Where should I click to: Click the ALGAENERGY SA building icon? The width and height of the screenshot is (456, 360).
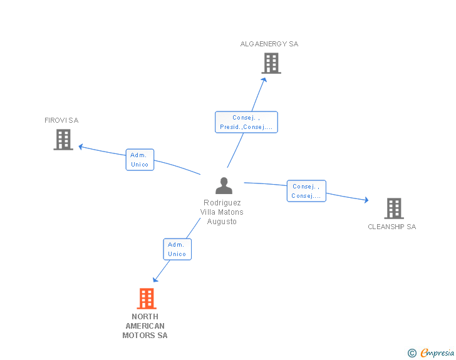(271, 63)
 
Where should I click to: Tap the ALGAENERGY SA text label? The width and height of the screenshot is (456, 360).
(269, 44)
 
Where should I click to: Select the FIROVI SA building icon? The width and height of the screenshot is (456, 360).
(63, 140)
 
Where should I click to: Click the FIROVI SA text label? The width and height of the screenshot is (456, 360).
(61, 120)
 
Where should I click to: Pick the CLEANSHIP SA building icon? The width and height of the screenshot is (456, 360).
(393, 208)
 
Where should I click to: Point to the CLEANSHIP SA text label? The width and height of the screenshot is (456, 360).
(391, 227)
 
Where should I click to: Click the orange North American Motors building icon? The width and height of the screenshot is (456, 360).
(146, 299)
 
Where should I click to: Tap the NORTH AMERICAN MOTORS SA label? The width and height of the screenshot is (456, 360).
(145, 326)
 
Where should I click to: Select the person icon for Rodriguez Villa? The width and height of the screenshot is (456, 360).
(224, 186)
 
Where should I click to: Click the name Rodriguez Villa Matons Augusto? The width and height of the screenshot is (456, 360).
(222, 212)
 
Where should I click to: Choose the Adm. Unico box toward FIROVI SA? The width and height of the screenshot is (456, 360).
(140, 160)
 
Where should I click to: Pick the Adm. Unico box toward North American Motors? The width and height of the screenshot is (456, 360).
(177, 249)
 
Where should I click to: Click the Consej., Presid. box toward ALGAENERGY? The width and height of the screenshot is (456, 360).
(246, 122)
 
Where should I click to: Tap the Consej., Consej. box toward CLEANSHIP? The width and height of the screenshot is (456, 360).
(306, 191)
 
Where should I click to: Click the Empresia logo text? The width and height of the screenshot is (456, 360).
(437, 353)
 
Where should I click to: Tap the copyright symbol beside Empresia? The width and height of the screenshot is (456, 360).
(412, 353)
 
